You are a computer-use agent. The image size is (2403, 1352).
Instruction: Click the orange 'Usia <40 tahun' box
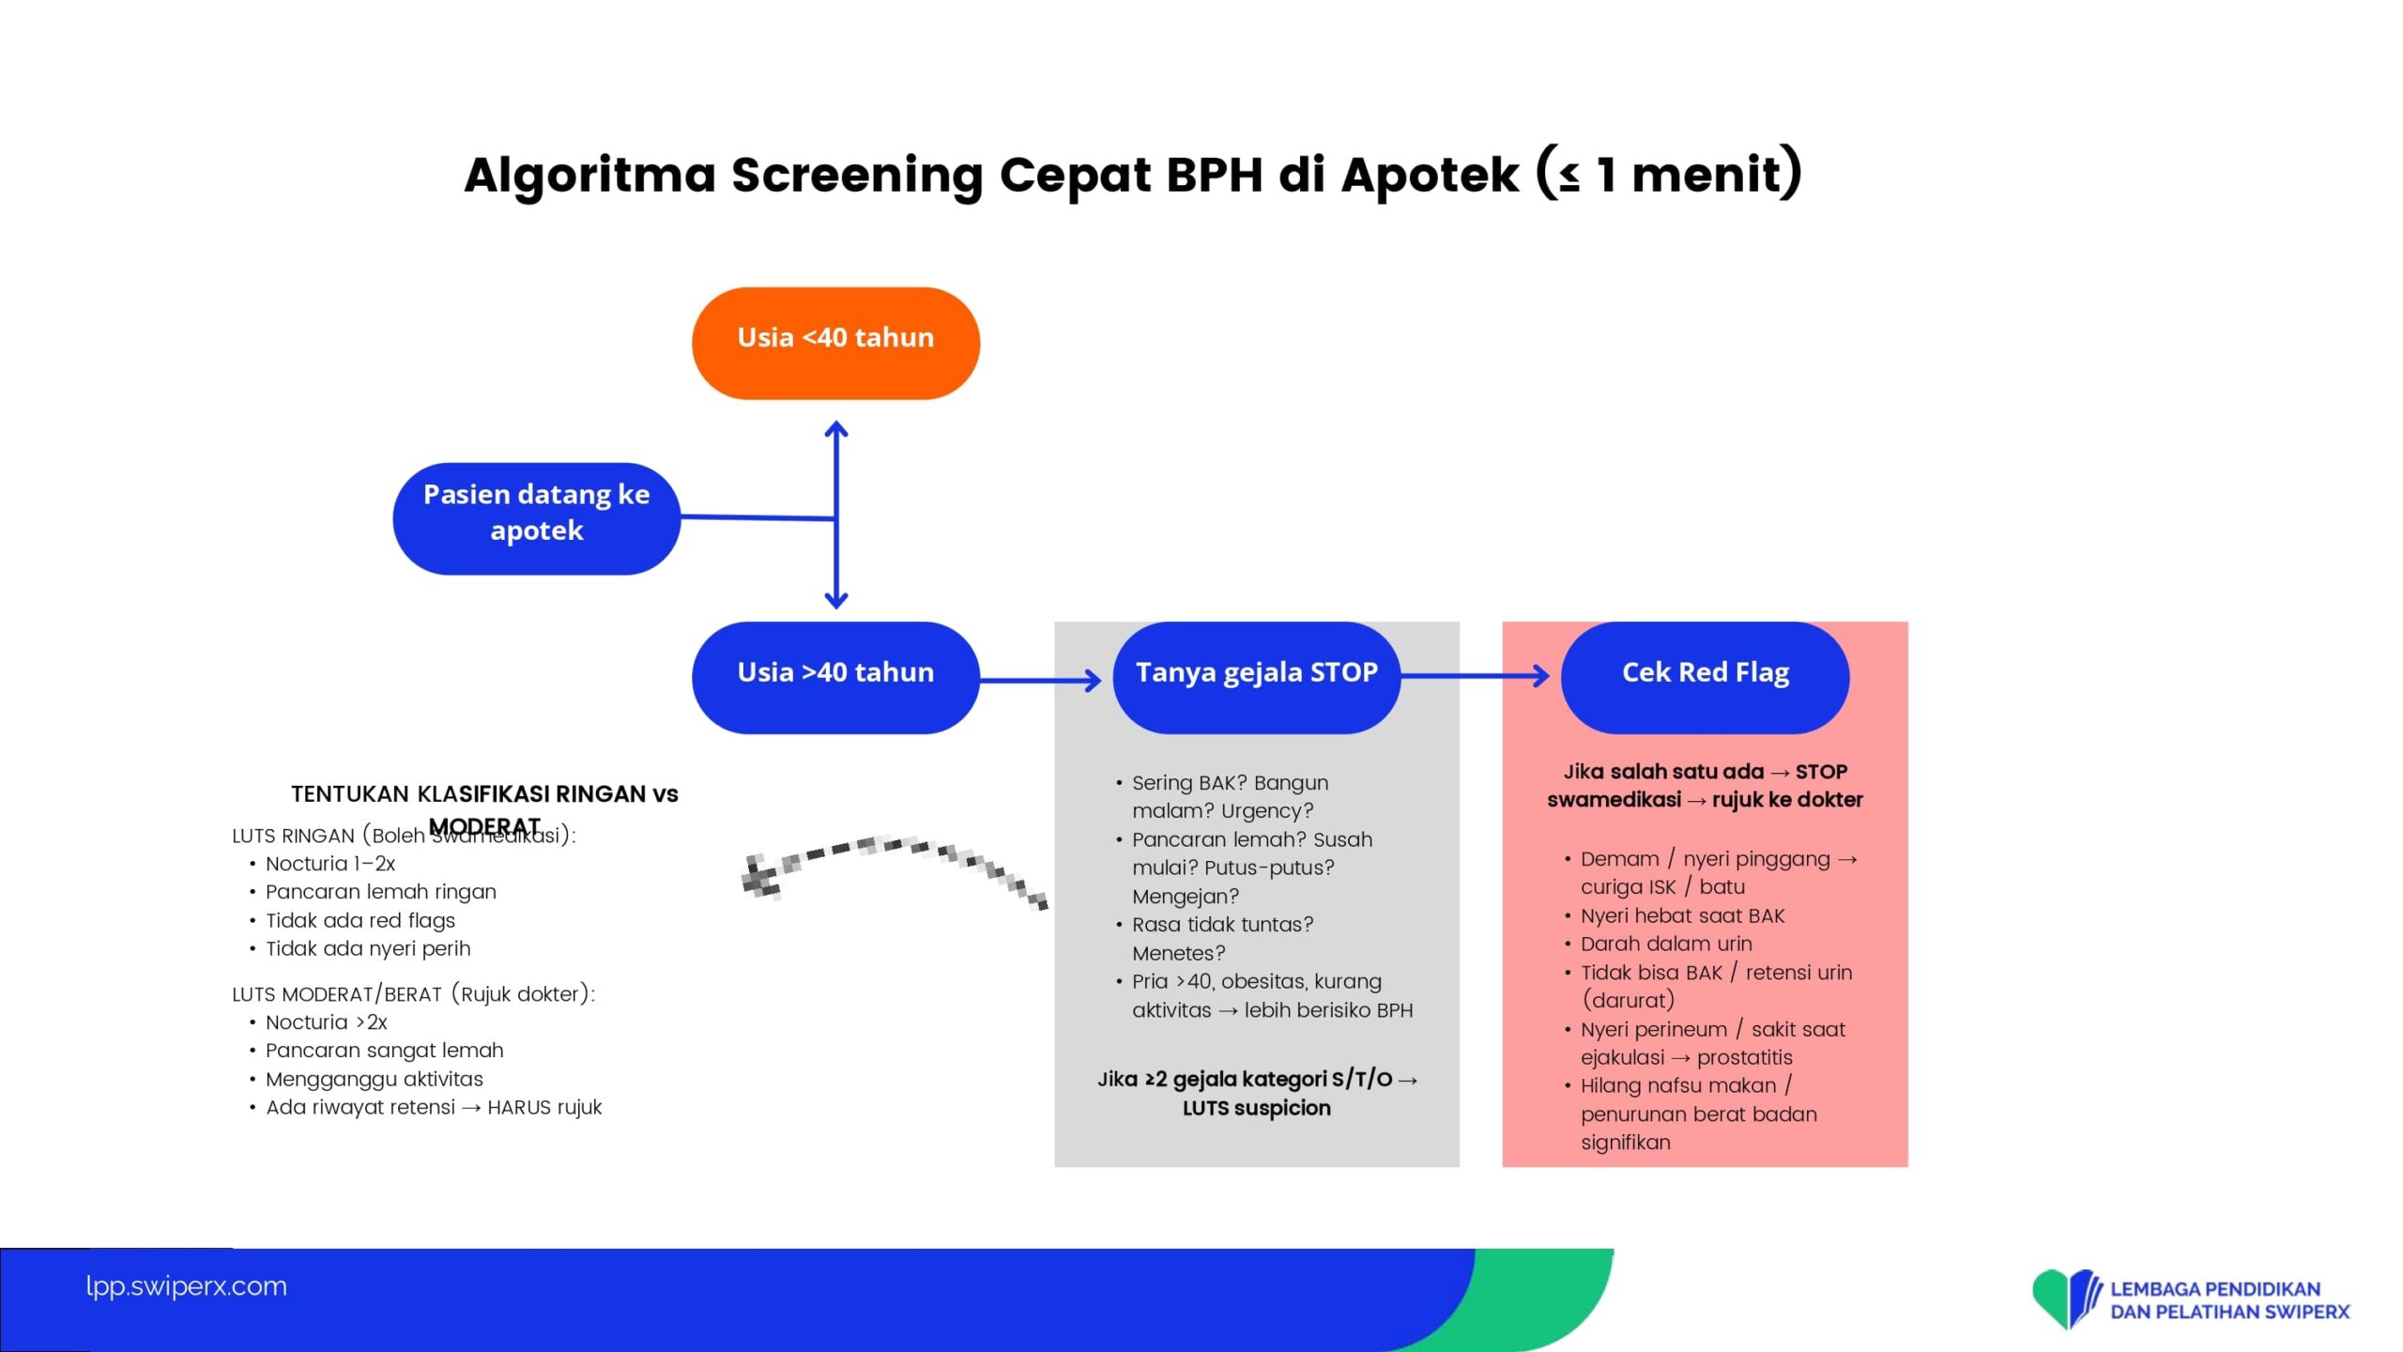(x=835, y=343)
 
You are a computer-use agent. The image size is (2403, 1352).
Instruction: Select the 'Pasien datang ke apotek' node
(x=536, y=517)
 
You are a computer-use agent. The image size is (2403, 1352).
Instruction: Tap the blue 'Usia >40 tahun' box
(x=835, y=677)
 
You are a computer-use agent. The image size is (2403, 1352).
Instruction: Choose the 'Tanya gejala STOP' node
(x=1256, y=677)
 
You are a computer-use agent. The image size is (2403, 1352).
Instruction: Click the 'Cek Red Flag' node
(x=1705, y=677)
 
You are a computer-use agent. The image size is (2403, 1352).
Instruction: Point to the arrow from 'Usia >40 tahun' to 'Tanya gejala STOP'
(x=1040, y=680)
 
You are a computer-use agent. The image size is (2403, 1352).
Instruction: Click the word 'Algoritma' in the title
(x=589, y=176)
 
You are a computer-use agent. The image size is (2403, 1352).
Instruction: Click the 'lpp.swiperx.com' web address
(x=186, y=1286)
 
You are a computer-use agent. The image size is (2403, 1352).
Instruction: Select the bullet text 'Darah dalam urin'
(x=1665, y=944)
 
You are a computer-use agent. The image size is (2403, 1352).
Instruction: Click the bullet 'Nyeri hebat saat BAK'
(x=1682, y=915)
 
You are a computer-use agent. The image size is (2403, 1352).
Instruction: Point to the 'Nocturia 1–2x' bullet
(x=329, y=864)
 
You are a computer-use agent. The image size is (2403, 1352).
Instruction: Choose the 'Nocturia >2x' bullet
(x=326, y=1022)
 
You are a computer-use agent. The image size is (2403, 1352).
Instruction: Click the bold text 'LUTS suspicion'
(x=1256, y=1108)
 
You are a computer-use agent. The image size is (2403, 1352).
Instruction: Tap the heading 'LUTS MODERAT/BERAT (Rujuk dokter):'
(x=413, y=994)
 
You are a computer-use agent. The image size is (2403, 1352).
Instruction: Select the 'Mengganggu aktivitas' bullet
(x=374, y=1080)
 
